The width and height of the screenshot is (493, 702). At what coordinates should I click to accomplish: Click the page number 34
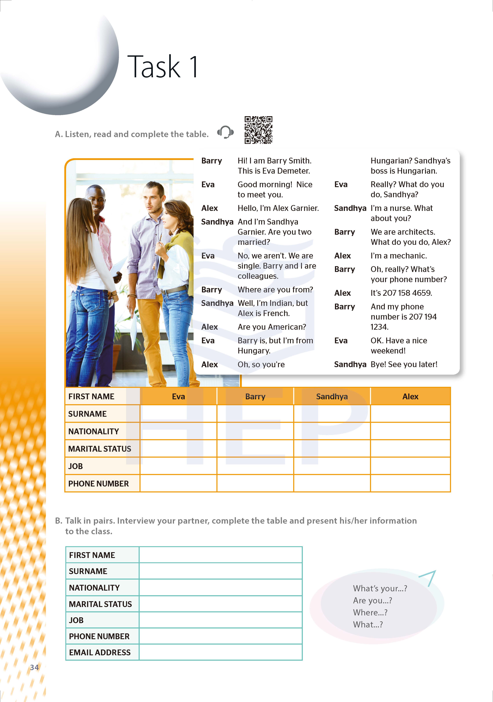click(x=34, y=667)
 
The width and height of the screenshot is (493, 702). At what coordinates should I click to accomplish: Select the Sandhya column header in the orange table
click(x=332, y=397)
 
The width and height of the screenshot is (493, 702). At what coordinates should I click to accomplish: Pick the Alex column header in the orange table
click(x=410, y=397)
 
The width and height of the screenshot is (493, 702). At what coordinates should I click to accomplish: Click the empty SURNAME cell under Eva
click(x=178, y=414)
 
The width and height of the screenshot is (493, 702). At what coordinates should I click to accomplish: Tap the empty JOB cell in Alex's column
click(x=410, y=466)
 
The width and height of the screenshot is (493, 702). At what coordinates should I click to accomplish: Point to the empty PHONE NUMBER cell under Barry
click(x=255, y=483)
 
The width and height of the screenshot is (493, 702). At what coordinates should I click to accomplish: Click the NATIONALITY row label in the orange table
click(x=93, y=431)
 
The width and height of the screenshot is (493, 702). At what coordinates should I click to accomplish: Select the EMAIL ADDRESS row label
click(x=100, y=653)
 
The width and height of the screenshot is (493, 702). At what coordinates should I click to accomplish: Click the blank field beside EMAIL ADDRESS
click(x=220, y=653)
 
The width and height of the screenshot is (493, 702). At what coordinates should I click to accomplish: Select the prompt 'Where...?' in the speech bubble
click(x=370, y=612)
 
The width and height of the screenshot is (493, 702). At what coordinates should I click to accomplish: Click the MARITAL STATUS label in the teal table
click(x=100, y=604)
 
